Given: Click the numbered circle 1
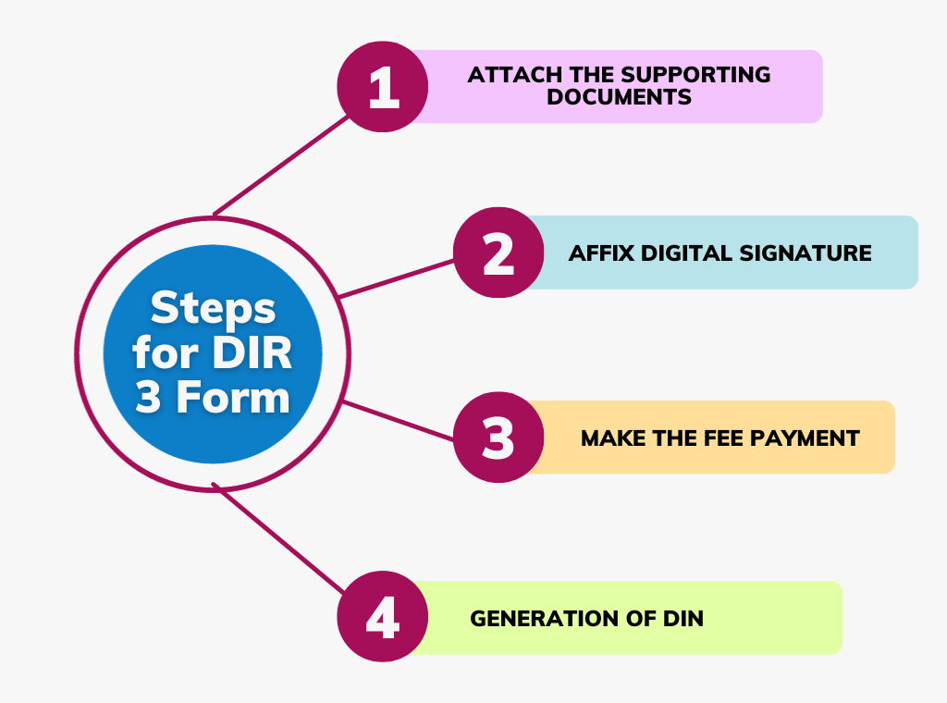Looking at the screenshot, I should [382, 87].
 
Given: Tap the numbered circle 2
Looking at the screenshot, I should [498, 253].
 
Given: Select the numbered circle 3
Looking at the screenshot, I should [498, 438].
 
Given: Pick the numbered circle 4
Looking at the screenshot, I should [382, 618].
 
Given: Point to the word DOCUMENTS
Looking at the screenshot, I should [619, 97].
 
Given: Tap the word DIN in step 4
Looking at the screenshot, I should [683, 618].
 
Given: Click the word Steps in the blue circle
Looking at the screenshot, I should [213, 308].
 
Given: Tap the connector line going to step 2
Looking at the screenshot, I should [398, 277].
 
